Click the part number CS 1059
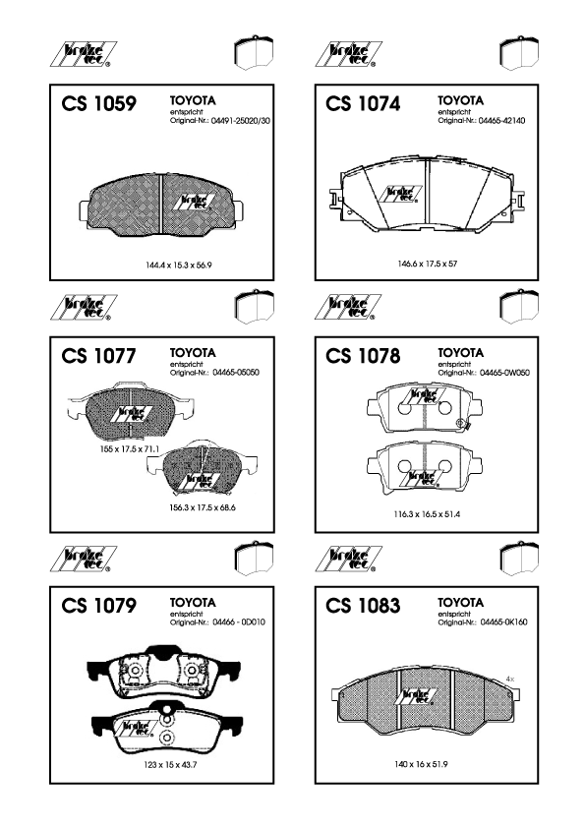98,103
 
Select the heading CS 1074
363,103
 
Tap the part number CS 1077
98,356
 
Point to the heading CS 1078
363,356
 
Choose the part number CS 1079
98,606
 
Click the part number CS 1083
363,606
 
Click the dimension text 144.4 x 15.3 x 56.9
179,266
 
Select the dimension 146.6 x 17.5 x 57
427,264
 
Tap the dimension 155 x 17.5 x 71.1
130,449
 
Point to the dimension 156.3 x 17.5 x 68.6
203,508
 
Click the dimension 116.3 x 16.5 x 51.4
427,514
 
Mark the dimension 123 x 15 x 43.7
170,765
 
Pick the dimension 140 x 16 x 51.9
421,764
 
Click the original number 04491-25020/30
240,121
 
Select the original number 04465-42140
501,121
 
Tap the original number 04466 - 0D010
239,622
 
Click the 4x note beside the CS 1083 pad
509,679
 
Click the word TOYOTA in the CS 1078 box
460,353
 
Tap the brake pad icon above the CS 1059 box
254,53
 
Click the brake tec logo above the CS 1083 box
348,560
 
